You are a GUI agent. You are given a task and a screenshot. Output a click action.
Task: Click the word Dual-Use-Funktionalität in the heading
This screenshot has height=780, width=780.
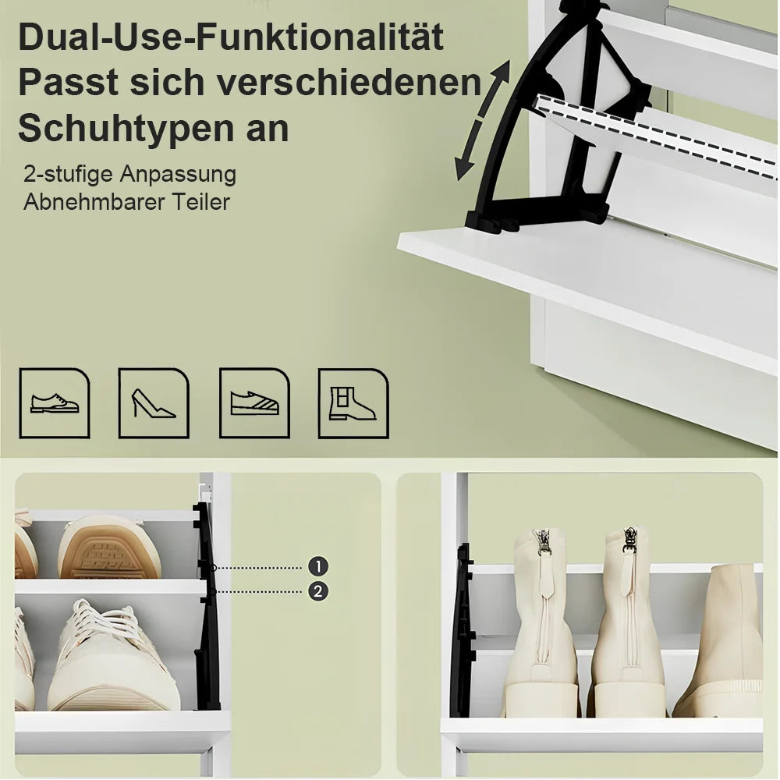coord(231,37)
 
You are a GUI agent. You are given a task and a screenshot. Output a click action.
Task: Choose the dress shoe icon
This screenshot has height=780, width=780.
coord(55,403)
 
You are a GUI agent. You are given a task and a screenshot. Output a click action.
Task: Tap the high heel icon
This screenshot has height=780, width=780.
coord(154,403)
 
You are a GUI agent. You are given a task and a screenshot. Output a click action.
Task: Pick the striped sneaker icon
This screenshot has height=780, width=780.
coord(254,403)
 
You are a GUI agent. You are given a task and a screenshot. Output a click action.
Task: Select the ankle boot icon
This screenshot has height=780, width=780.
coord(353,403)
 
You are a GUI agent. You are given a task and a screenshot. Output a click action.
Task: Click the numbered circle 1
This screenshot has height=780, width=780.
coord(318,566)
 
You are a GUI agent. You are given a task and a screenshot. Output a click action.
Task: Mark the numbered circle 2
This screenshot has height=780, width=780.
coord(318,591)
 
